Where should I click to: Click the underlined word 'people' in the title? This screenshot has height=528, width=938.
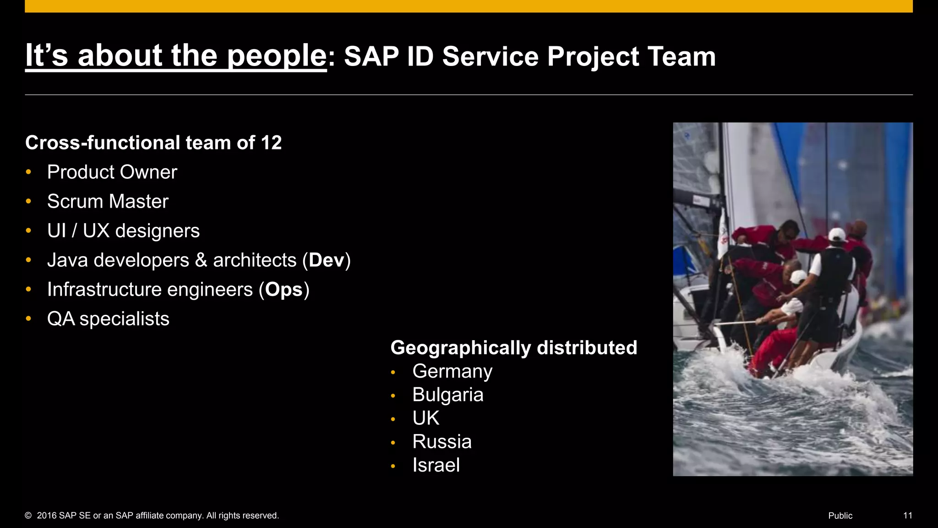pyautogui.click(x=276, y=56)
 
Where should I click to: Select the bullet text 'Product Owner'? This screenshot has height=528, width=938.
pyautogui.click(x=112, y=172)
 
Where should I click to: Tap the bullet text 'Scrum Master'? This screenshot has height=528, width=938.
pyautogui.click(x=108, y=202)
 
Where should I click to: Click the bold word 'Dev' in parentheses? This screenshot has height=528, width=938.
pyautogui.click(x=326, y=260)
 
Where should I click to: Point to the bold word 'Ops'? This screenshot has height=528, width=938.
pyautogui.click(x=284, y=290)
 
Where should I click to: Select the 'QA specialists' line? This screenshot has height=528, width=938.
pyautogui.click(x=108, y=319)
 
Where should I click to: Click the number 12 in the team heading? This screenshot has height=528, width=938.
pyautogui.click(x=271, y=143)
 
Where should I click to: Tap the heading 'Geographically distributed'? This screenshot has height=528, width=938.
pyautogui.click(x=513, y=347)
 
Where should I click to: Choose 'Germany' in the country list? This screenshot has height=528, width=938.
pyautogui.click(x=452, y=371)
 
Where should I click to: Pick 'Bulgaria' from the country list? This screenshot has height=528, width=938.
pyautogui.click(x=447, y=395)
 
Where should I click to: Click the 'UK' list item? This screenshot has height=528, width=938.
pyautogui.click(x=425, y=418)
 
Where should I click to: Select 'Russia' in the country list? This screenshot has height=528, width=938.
pyautogui.click(x=442, y=442)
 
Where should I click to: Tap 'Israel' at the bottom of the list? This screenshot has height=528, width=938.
pyautogui.click(x=436, y=465)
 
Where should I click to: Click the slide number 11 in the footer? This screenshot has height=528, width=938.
pyautogui.click(x=907, y=516)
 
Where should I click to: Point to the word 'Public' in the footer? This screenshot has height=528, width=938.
pyautogui.click(x=840, y=516)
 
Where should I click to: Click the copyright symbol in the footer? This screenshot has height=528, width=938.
pyautogui.click(x=28, y=516)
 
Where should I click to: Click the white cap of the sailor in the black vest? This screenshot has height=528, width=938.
pyautogui.click(x=837, y=235)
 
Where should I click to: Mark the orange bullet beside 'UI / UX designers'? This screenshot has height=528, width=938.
pyautogui.click(x=28, y=231)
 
